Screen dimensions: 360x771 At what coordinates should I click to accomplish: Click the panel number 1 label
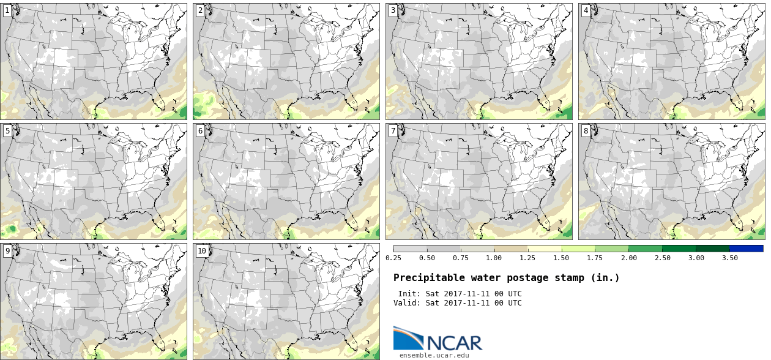tap(7, 10)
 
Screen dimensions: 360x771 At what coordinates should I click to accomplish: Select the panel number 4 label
tap(586, 10)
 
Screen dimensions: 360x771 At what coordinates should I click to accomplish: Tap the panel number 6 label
tap(200, 130)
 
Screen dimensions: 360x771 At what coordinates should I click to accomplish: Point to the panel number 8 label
tap(586, 130)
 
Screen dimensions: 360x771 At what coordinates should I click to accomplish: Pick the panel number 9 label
tap(7, 250)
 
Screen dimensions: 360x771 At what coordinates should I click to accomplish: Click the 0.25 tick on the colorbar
tap(393, 258)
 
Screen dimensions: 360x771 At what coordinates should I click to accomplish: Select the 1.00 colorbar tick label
tap(494, 258)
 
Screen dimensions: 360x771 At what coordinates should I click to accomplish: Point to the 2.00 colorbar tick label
tap(628, 258)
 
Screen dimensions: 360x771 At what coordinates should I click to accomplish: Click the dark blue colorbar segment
tap(746, 249)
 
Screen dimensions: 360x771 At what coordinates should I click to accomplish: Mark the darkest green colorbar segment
tap(712, 249)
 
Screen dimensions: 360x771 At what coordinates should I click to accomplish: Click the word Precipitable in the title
tap(426, 277)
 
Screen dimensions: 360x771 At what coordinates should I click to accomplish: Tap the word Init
tap(409, 293)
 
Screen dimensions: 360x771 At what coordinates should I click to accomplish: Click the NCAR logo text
tap(454, 342)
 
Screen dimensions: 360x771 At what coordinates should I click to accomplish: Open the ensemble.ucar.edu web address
tap(434, 354)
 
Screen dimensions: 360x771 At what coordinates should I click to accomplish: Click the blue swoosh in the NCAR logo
tap(408, 337)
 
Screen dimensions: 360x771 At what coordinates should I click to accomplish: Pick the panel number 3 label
tap(393, 10)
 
